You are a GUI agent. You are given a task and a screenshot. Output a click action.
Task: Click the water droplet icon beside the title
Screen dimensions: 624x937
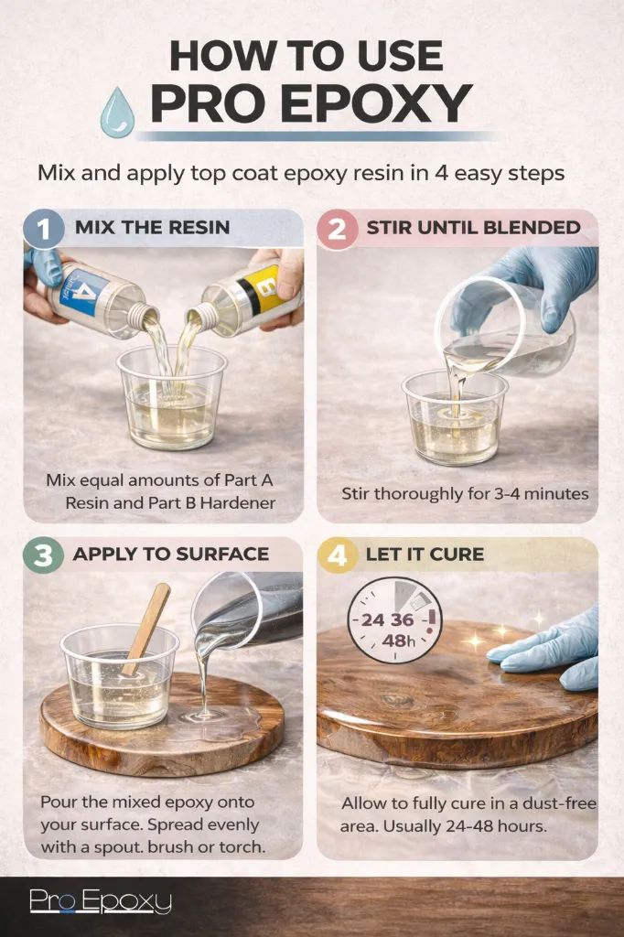coord(116,112)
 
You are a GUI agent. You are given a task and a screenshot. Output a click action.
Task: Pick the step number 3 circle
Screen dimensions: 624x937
coord(44,555)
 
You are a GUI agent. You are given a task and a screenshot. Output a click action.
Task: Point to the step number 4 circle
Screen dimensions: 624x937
coord(337,555)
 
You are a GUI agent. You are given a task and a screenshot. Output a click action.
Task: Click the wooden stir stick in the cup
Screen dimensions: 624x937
coord(146,629)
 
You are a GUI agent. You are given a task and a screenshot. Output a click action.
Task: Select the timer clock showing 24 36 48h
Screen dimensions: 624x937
coord(395,620)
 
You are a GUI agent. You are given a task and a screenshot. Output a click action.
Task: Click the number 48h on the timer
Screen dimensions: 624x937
coord(398,641)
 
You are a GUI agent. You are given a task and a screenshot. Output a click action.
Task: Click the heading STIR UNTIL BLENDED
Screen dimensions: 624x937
coord(473,228)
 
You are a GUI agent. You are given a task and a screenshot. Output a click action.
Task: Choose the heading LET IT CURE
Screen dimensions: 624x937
coord(425,554)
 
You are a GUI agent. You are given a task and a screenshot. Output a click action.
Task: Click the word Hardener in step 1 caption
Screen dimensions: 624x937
coord(238,502)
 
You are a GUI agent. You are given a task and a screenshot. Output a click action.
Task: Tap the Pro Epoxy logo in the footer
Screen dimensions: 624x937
coord(101,902)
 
